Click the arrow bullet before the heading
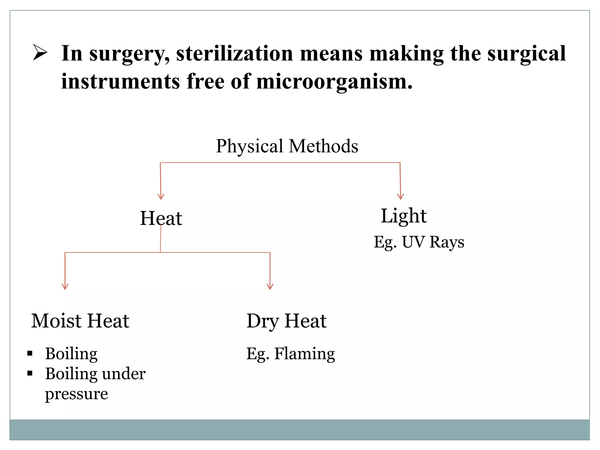pos(40,53)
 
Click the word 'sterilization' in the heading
pos(234,54)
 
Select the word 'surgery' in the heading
pos(129,54)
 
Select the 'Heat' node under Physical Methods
pos(161,218)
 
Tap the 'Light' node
pos(403,216)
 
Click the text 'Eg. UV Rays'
pos(419,242)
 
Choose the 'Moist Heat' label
pos(80,321)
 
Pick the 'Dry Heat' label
pos(286,321)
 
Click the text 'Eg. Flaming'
pos(290,354)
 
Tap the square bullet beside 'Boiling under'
pos(30,373)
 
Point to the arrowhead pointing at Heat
pos(161,197)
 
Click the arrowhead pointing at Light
pos(400,197)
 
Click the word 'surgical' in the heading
pos(526,54)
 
